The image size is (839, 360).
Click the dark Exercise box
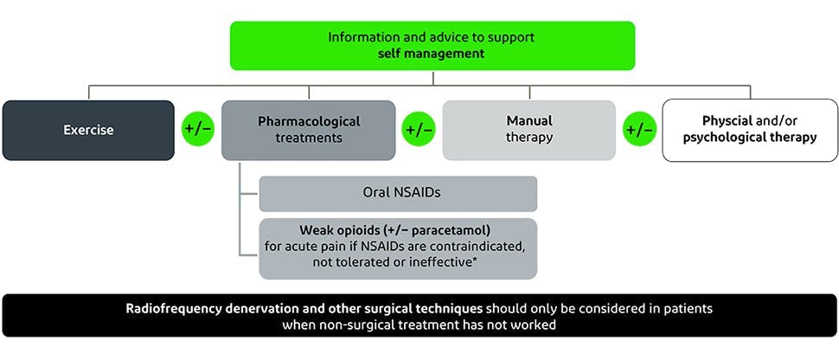(x=88, y=131)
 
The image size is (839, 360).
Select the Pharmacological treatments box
(x=309, y=131)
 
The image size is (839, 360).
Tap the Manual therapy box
(x=529, y=131)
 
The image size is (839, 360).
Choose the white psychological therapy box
(x=749, y=131)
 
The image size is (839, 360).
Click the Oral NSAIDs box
(x=398, y=194)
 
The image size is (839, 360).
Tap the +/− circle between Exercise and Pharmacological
(x=198, y=131)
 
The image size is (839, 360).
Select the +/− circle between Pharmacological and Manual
(x=419, y=131)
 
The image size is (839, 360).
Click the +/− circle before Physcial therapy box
(x=639, y=131)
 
